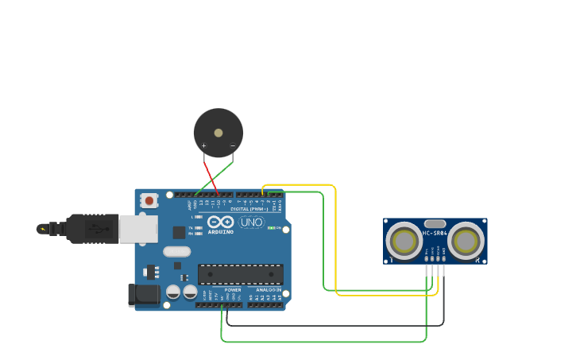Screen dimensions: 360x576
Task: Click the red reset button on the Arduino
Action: [x=149, y=201]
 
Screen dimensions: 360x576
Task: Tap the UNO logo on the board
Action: [x=251, y=222]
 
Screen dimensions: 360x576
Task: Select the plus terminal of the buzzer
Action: [x=204, y=145]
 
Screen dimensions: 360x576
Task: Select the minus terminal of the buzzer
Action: [x=232, y=145]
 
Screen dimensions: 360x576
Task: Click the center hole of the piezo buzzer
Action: [x=218, y=132]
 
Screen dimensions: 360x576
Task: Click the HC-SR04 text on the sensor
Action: [x=435, y=233]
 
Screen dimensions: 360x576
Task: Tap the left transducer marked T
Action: [x=404, y=240]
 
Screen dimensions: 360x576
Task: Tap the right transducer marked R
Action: [x=466, y=240]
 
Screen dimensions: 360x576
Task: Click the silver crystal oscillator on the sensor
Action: [x=435, y=224]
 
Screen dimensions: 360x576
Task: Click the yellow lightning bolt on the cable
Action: [x=42, y=229]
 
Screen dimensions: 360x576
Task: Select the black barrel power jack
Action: [x=144, y=295]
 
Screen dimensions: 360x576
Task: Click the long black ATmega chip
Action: [x=241, y=274]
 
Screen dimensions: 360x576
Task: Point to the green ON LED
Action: [x=272, y=228]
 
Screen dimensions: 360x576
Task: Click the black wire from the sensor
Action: [x=334, y=325]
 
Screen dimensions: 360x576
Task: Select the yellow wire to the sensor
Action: [x=336, y=238]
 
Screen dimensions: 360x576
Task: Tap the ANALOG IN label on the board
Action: [x=268, y=289]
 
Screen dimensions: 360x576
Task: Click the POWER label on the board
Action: [x=233, y=289]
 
